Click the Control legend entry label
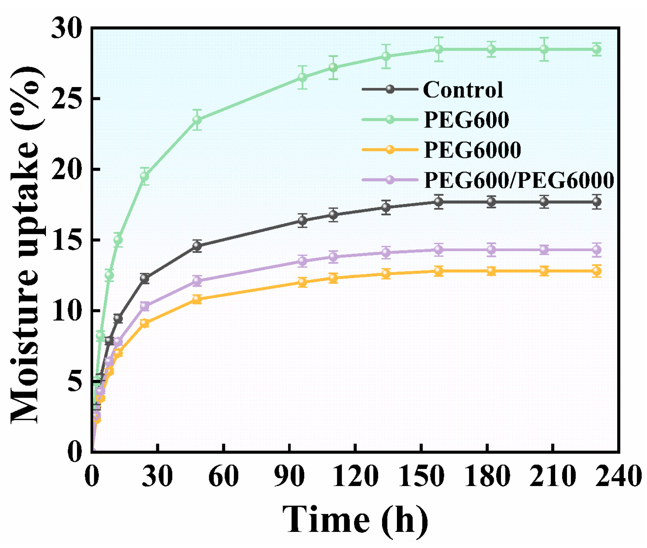coord(463,90)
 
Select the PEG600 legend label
coord(466,120)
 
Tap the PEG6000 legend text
coord(472,150)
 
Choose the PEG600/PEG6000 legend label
coord(519,180)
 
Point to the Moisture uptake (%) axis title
coord(26,245)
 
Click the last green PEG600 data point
coord(597,49)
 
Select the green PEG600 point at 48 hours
coord(197,120)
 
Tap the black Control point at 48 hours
coord(197,246)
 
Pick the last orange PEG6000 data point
coord(597,271)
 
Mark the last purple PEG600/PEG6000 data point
coord(597,249)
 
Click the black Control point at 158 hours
coord(439,202)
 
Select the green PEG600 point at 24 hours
coord(144,176)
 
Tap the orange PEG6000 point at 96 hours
coord(302,282)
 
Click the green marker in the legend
coord(390,119)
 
